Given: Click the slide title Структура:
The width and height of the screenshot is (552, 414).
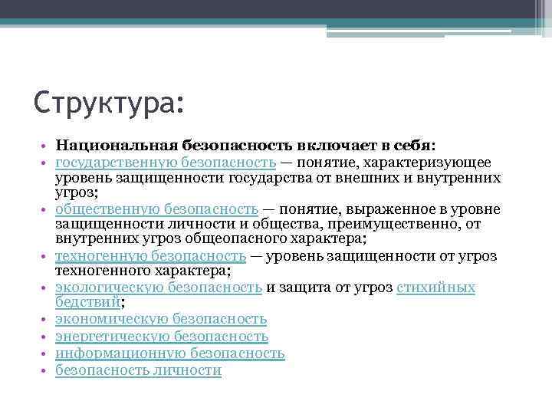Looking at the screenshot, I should (x=110, y=101).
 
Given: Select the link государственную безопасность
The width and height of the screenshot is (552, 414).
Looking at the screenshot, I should (x=166, y=162).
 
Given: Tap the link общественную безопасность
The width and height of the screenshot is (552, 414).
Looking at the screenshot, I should (x=156, y=209).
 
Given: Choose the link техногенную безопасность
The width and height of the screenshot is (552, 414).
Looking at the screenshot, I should (x=151, y=255).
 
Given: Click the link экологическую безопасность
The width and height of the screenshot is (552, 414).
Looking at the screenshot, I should (x=159, y=287).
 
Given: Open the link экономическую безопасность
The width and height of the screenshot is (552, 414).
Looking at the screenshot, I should (x=161, y=318).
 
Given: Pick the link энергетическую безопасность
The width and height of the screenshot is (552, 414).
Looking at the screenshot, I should (x=162, y=336).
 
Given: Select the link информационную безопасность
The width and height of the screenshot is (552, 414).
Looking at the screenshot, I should (x=170, y=353).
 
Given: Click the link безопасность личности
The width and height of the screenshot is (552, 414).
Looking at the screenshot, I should (x=139, y=371).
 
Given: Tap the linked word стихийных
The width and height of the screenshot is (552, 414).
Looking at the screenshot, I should (x=436, y=287).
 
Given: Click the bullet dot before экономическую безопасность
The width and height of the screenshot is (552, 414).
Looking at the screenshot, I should (x=46, y=319).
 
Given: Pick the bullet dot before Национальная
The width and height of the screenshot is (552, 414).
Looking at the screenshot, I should (x=46, y=145).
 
